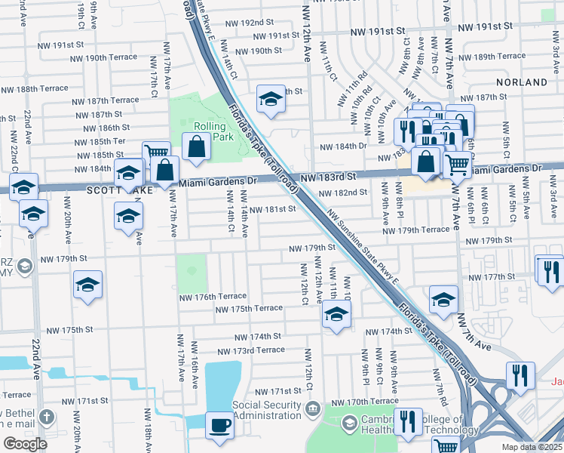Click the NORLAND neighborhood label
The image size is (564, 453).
point(522,82)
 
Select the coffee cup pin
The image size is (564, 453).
point(219,425)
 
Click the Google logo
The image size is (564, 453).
point(25,444)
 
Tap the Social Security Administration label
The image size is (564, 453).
point(268,411)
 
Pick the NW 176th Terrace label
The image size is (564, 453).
point(213,297)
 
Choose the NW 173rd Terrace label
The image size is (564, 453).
point(251,350)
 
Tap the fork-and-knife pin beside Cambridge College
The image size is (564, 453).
point(408,422)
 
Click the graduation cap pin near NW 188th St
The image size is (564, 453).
point(270,99)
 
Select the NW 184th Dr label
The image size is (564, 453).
point(343,146)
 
